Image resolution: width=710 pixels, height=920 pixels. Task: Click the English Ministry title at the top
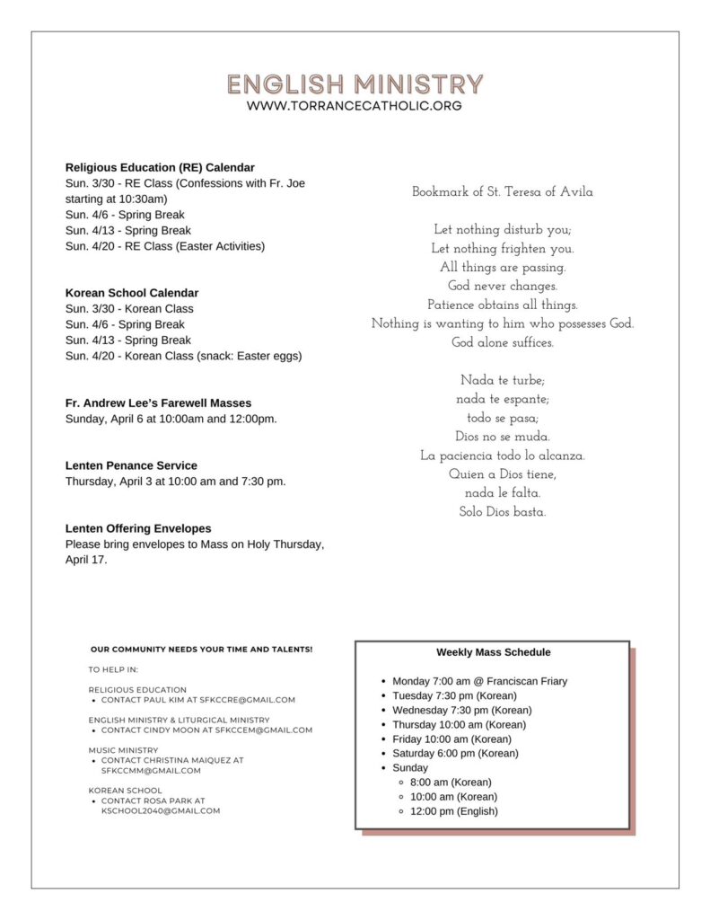(x=355, y=84)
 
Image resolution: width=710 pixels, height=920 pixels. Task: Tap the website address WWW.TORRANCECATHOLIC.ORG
(x=355, y=106)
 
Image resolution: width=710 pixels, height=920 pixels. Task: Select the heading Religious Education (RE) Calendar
(x=160, y=167)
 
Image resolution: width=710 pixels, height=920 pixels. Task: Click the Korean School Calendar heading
(x=132, y=293)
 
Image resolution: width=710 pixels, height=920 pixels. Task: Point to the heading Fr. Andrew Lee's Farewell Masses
(x=158, y=402)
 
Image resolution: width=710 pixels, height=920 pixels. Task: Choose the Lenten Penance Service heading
(x=131, y=465)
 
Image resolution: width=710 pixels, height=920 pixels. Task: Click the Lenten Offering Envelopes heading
(x=138, y=528)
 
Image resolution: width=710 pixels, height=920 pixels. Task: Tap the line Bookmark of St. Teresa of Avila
(x=502, y=192)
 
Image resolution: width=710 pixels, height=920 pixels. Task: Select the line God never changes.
(x=502, y=287)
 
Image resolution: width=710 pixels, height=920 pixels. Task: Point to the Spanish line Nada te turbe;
(x=502, y=381)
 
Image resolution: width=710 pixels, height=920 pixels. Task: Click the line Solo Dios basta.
(x=502, y=512)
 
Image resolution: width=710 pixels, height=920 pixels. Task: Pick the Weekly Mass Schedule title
(x=494, y=652)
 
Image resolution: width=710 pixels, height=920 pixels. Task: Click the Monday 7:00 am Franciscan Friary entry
(x=479, y=681)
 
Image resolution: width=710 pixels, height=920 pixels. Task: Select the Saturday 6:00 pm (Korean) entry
(x=455, y=753)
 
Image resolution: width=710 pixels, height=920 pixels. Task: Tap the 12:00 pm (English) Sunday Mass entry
(x=453, y=811)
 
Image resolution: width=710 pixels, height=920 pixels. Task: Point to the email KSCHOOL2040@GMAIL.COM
(x=161, y=810)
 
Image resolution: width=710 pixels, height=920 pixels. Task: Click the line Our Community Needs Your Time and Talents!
(x=201, y=649)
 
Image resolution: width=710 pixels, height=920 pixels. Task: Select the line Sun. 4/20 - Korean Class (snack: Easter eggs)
(x=183, y=356)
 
